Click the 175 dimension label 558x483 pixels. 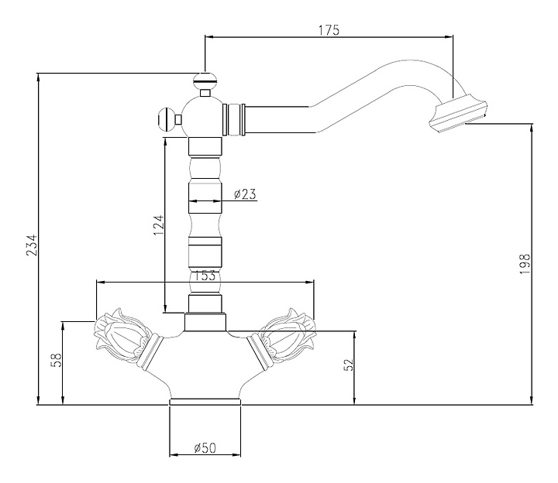point(329,30)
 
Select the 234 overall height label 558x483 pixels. point(31,245)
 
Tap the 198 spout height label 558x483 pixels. point(525,264)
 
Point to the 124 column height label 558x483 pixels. point(159,224)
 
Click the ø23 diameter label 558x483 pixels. point(245,194)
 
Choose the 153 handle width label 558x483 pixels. point(205,276)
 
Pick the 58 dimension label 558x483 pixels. point(57,360)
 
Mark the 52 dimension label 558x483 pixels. point(349,365)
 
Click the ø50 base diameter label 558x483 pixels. point(205,448)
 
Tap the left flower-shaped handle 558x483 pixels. point(122,337)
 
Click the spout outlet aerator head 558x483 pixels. point(456,113)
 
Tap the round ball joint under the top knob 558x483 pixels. point(201,117)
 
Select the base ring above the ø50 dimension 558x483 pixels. point(205,402)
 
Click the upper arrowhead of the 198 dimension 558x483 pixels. point(532,128)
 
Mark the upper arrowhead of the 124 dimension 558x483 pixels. point(165,142)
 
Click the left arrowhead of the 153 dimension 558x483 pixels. point(101,283)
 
